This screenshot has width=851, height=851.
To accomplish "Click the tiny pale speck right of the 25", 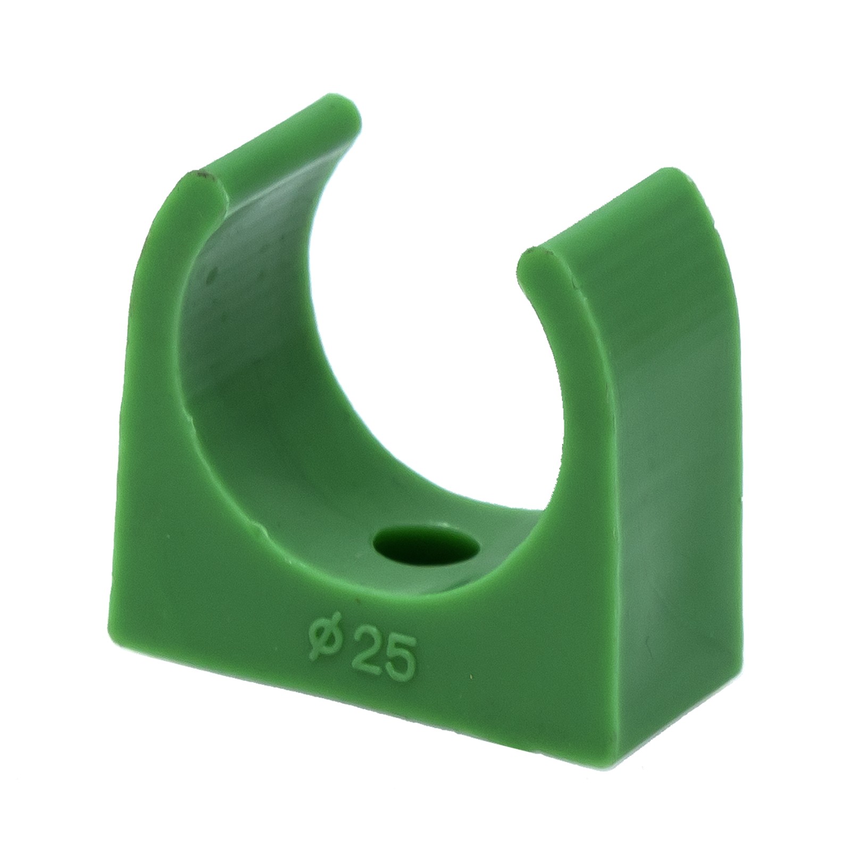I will click(471, 677).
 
